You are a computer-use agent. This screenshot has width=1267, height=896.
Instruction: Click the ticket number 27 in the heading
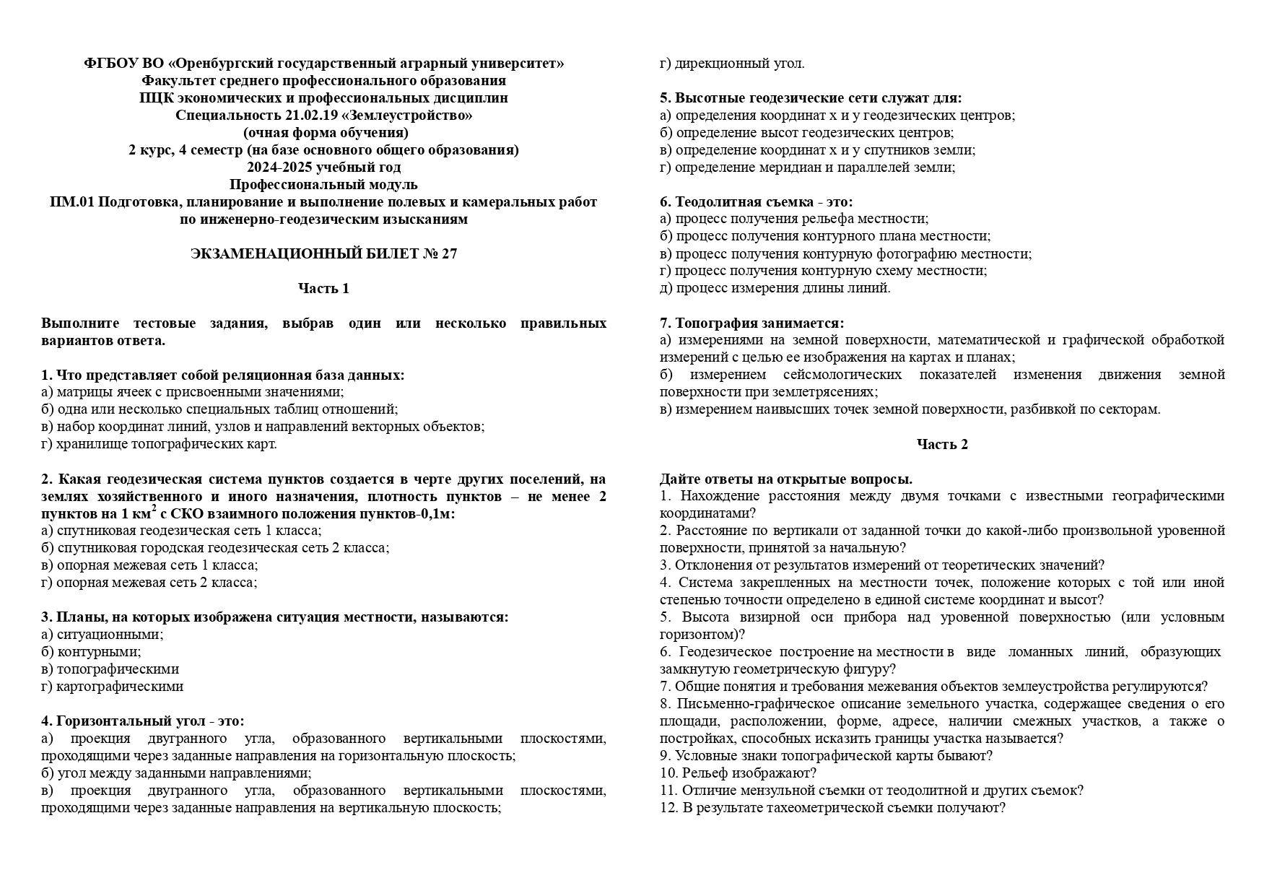click(x=449, y=253)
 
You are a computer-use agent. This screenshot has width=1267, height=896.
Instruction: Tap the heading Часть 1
click(x=323, y=288)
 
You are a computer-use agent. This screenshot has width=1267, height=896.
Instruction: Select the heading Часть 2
click(x=942, y=444)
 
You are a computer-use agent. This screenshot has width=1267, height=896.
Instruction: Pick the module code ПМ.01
click(x=72, y=201)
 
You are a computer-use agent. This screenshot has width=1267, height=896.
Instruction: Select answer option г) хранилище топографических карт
click(x=159, y=444)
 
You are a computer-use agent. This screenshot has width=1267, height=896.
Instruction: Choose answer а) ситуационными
click(x=102, y=635)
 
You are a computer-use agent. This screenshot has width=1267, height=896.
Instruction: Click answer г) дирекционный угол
click(x=731, y=64)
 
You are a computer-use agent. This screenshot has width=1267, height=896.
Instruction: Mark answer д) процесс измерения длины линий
click(x=775, y=288)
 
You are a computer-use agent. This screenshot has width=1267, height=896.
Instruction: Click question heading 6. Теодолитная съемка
click(x=756, y=201)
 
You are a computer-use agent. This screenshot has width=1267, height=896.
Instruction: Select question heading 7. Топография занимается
click(x=752, y=323)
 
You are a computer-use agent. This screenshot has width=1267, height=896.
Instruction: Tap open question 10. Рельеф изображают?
click(x=737, y=773)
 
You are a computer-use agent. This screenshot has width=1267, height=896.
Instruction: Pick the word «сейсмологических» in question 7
click(x=843, y=375)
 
